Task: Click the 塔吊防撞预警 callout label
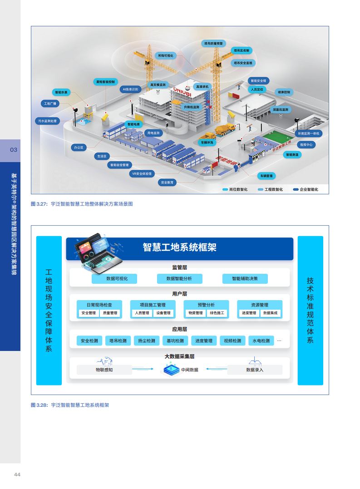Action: (x=214, y=43)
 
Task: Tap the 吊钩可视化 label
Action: (x=166, y=55)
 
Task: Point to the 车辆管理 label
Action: (x=266, y=176)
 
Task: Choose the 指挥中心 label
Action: (x=306, y=144)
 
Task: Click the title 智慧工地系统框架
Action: (x=180, y=247)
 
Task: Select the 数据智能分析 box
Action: (x=179, y=279)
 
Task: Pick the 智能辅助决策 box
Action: (x=245, y=279)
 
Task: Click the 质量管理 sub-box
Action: (x=110, y=313)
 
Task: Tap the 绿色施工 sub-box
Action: (x=217, y=313)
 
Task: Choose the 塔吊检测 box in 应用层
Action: (x=118, y=341)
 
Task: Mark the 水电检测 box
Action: (x=261, y=341)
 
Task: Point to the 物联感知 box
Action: (x=104, y=370)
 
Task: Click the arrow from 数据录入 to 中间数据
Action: (x=216, y=369)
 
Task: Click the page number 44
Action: (x=17, y=474)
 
